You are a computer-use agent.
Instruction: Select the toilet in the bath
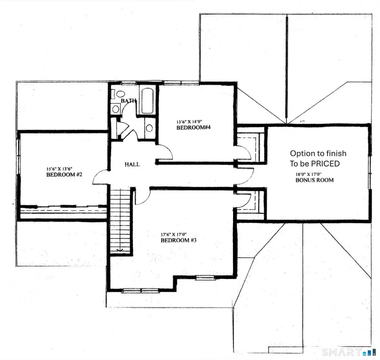point(119,94)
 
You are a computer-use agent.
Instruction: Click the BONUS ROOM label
point(314,180)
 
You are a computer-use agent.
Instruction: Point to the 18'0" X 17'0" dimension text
point(311,174)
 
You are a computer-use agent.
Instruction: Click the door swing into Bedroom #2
point(100,177)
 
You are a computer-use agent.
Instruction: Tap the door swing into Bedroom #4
point(164,152)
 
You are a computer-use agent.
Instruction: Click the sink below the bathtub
point(149,128)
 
